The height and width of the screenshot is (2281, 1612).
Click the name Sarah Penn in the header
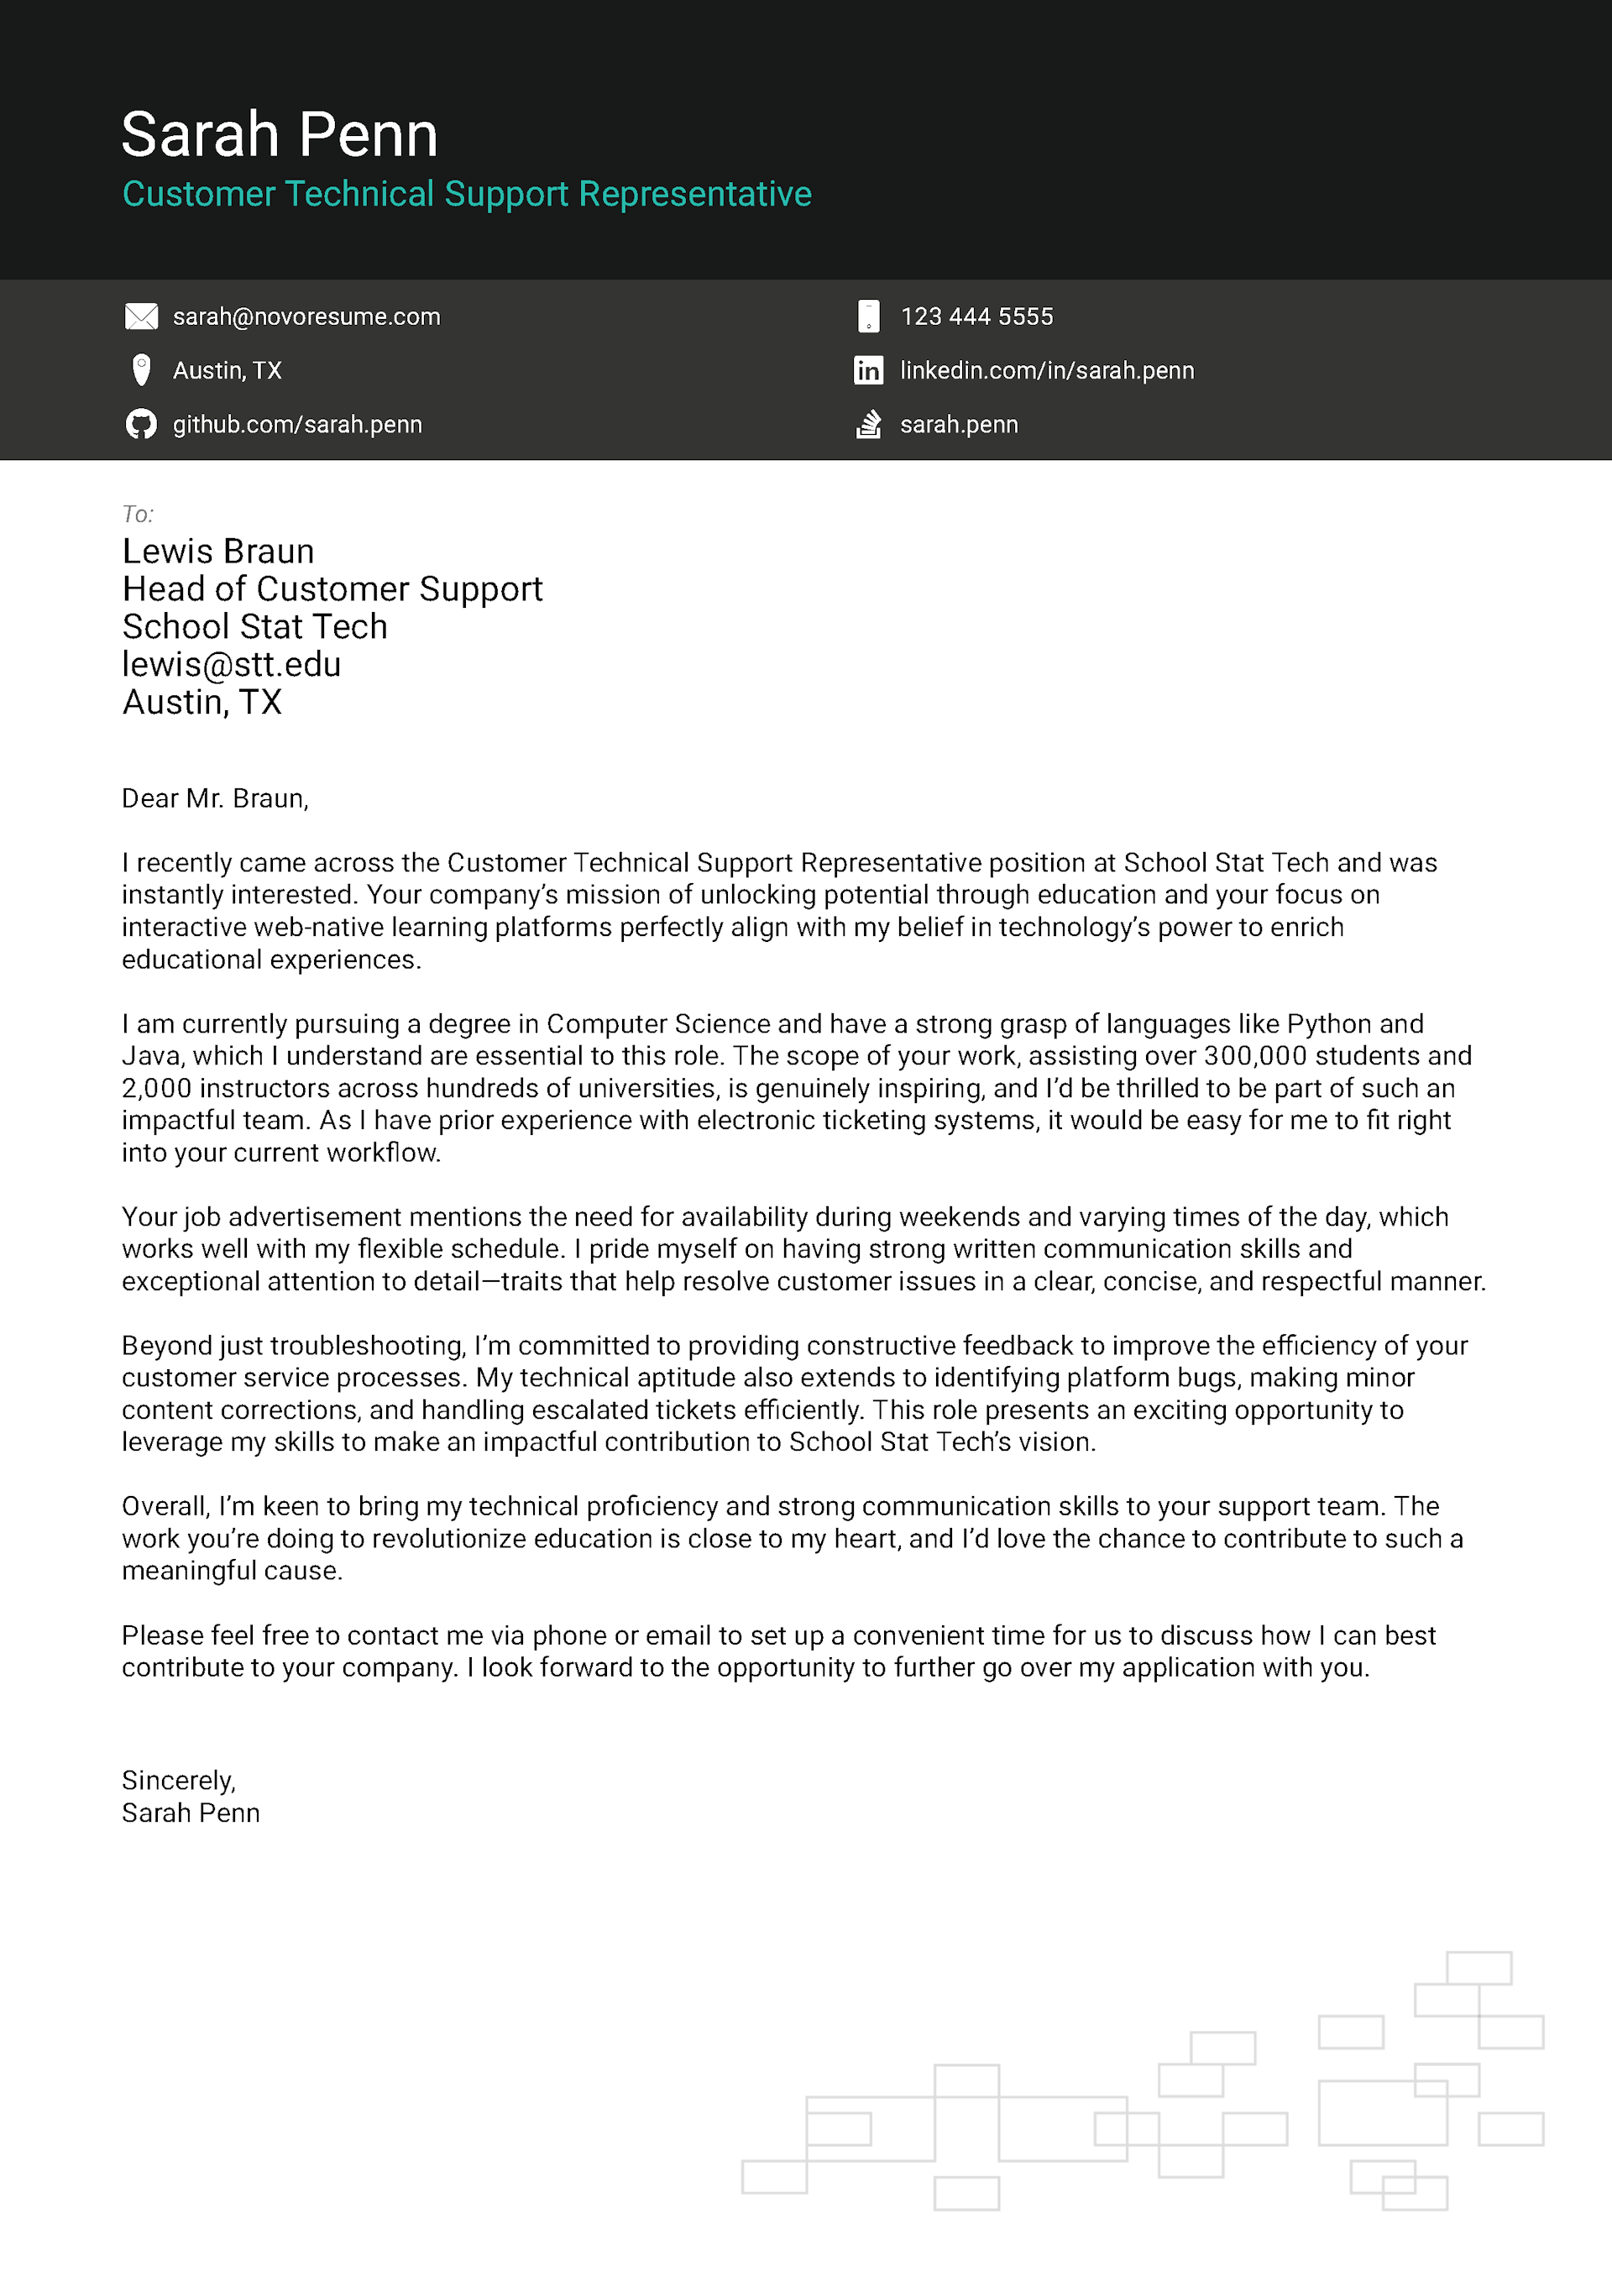(x=280, y=134)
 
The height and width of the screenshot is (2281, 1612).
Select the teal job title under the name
(x=466, y=194)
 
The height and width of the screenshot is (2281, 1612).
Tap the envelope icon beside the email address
(x=141, y=317)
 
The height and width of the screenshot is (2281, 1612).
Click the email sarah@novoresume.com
(x=306, y=317)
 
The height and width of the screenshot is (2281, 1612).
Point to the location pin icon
(x=141, y=369)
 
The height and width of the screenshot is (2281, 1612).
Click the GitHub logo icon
(x=141, y=424)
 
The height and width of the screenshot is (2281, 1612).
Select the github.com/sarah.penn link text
(x=297, y=424)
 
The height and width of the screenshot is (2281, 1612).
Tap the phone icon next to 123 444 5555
(x=867, y=317)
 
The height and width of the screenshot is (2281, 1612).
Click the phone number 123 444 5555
(x=976, y=317)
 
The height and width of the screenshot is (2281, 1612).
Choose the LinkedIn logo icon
(x=867, y=370)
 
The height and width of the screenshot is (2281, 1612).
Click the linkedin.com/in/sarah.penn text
(x=1046, y=370)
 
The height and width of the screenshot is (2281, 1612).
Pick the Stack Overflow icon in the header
(x=867, y=424)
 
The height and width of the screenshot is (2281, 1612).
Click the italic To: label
(x=137, y=514)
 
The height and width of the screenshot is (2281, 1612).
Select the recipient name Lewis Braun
(x=217, y=552)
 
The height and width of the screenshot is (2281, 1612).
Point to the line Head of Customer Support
(x=332, y=589)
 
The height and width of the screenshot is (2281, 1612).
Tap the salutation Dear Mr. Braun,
(x=215, y=798)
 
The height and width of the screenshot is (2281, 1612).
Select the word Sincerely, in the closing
(x=179, y=1781)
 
